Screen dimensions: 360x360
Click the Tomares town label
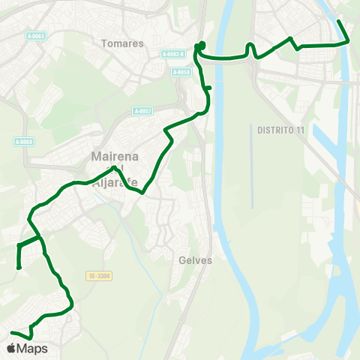click(x=121, y=43)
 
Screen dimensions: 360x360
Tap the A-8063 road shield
click(x=36, y=36)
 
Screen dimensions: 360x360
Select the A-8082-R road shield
click(x=172, y=54)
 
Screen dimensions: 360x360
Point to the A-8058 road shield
click(x=181, y=72)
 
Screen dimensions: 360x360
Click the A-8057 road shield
click(x=142, y=111)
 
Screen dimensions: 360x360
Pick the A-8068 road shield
click(x=24, y=142)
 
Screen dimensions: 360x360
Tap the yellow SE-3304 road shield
click(x=98, y=276)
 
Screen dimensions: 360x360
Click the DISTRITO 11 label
click(x=280, y=130)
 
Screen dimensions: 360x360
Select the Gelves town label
click(x=196, y=261)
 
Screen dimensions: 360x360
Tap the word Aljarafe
click(x=112, y=179)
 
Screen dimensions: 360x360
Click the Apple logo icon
click(x=11, y=349)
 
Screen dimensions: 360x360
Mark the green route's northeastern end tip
click(x=339, y=21)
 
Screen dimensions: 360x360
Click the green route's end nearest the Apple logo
click(x=11, y=332)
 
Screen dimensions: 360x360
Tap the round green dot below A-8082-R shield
click(x=202, y=45)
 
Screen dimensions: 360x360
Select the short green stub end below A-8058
click(x=210, y=88)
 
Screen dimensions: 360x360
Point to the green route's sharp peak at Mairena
click(x=113, y=167)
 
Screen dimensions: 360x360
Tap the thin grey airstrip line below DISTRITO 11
click(x=253, y=172)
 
